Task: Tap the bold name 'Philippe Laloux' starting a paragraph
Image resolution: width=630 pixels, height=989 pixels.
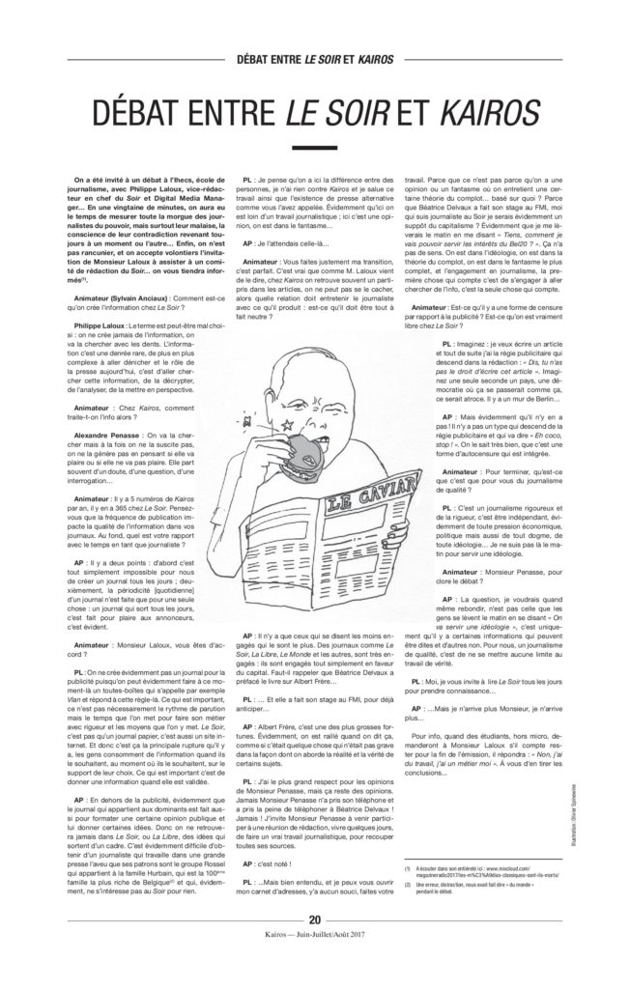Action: pyautogui.click(x=97, y=273)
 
